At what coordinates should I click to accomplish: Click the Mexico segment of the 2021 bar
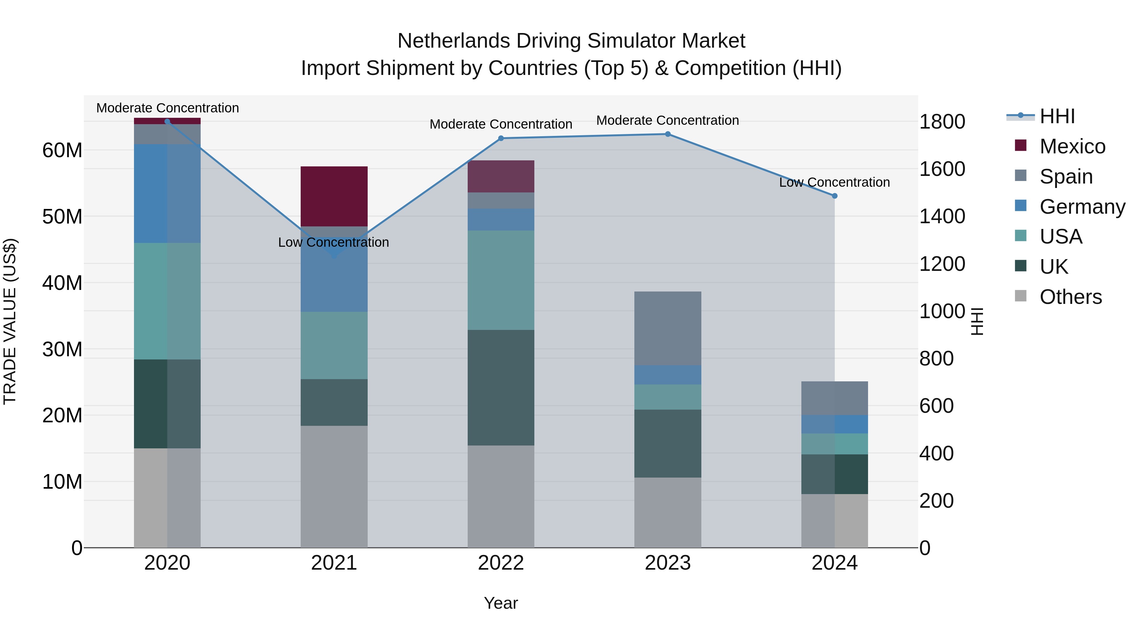pyautogui.click(x=334, y=196)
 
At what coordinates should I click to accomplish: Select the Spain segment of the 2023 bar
pyautogui.click(x=667, y=328)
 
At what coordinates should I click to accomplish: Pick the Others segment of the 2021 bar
pyautogui.click(x=334, y=486)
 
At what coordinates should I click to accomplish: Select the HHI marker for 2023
pyautogui.click(x=667, y=134)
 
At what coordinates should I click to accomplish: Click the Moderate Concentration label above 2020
pyautogui.click(x=167, y=108)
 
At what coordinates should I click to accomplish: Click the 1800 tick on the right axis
pyautogui.click(x=942, y=122)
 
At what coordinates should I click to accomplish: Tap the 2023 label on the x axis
pyautogui.click(x=667, y=563)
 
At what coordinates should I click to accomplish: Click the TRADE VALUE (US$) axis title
pyautogui.click(x=10, y=321)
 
